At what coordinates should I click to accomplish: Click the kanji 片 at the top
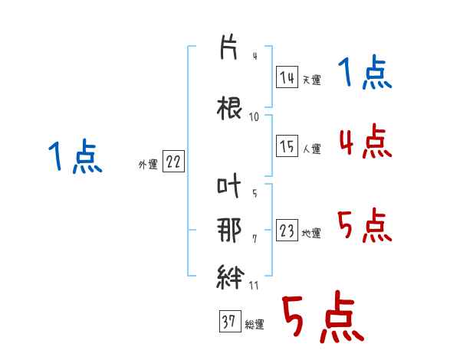click(228, 47)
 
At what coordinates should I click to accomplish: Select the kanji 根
click(229, 108)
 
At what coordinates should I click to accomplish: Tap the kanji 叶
click(228, 185)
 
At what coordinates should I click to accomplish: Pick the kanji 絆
click(230, 277)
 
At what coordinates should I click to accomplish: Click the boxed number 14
click(287, 77)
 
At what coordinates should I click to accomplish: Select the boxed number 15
click(287, 146)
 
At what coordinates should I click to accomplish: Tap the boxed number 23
click(287, 230)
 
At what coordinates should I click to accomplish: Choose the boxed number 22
click(173, 162)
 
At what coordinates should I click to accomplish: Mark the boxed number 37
click(230, 321)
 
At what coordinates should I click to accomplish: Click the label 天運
click(311, 80)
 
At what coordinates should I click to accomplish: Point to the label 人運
click(312, 149)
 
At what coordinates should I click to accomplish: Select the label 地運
click(311, 234)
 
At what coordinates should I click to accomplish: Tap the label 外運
click(148, 165)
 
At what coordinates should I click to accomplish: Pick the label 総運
click(255, 325)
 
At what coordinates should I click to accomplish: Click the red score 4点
click(365, 141)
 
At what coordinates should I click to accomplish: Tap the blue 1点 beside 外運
click(75, 156)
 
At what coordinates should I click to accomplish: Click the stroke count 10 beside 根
click(254, 117)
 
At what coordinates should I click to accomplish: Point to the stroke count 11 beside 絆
click(254, 286)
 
